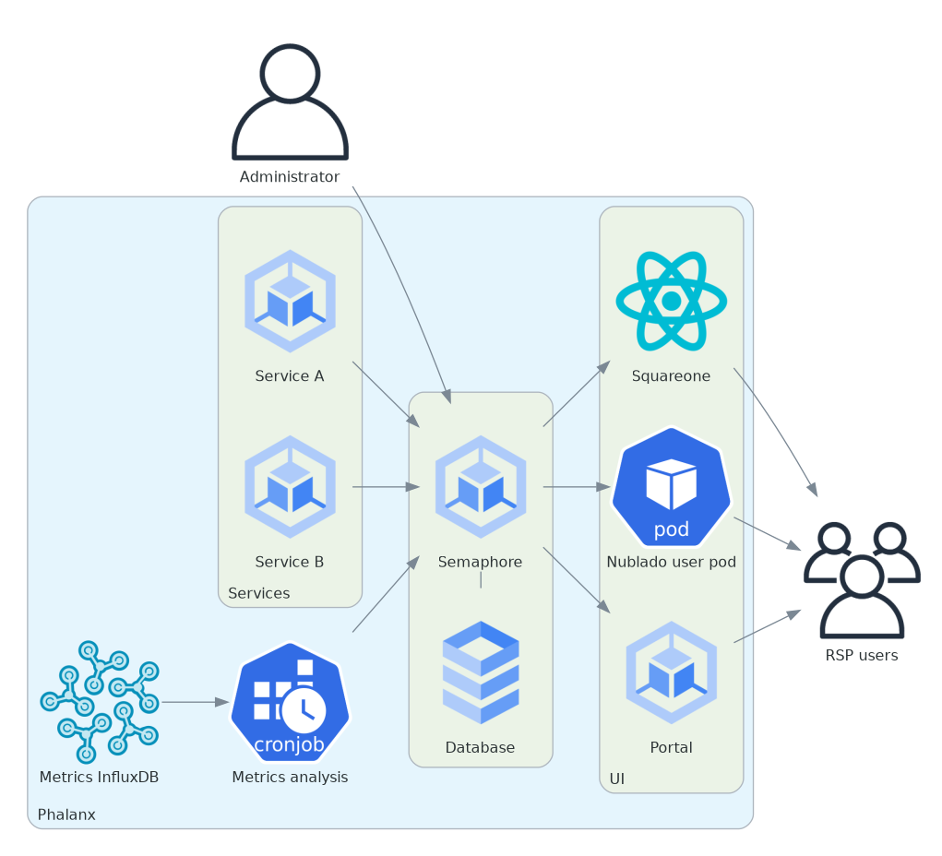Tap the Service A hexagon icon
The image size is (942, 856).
click(290, 301)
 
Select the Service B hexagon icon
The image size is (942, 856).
click(290, 486)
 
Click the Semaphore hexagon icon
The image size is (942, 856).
click(481, 486)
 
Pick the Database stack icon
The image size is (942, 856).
click(481, 672)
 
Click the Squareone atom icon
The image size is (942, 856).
click(671, 301)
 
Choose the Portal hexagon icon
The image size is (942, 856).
click(671, 672)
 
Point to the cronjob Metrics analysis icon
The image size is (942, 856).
click(290, 702)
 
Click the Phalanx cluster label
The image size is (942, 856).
click(66, 815)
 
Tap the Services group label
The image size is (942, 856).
click(259, 593)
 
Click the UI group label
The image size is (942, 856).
click(617, 779)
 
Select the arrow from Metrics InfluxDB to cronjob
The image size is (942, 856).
click(195, 702)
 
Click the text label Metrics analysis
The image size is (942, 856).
click(290, 777)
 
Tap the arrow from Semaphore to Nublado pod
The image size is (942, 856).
click(577, 486)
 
